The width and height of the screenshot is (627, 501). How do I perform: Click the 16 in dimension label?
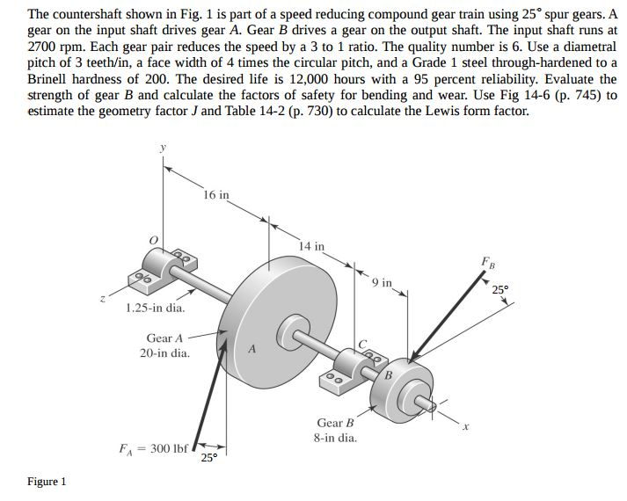click(x=216, y=195)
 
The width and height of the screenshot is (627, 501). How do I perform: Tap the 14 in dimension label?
click(x=311, y=246)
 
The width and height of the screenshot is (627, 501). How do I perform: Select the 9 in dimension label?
click(x=382, y=283)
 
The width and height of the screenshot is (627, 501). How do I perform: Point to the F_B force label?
click(x=488, y=263)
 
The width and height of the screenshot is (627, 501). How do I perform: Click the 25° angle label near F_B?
click(x=500, y=289)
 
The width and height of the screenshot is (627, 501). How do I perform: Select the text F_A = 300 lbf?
click(x=153, y=449)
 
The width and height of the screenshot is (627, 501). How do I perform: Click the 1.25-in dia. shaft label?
click(x=156, y=308)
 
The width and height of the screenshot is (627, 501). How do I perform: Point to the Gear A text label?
click(x=164, y=338)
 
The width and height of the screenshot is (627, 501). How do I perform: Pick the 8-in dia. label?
click(x=335, y=438)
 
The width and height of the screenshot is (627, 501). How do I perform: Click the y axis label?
click(x=163, y=149)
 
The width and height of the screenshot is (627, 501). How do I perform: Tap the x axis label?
click(x=464, y=426)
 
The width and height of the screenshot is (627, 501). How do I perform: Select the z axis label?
click(x=103, y=299)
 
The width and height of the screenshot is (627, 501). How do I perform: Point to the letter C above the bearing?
click(x=362, y=344)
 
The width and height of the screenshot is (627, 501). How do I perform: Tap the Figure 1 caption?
click(x=47, y=482)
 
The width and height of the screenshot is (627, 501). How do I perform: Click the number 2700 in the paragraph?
click(x=42, y=47)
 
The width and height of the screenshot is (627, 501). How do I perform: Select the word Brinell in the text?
click(x=47, y=79)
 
